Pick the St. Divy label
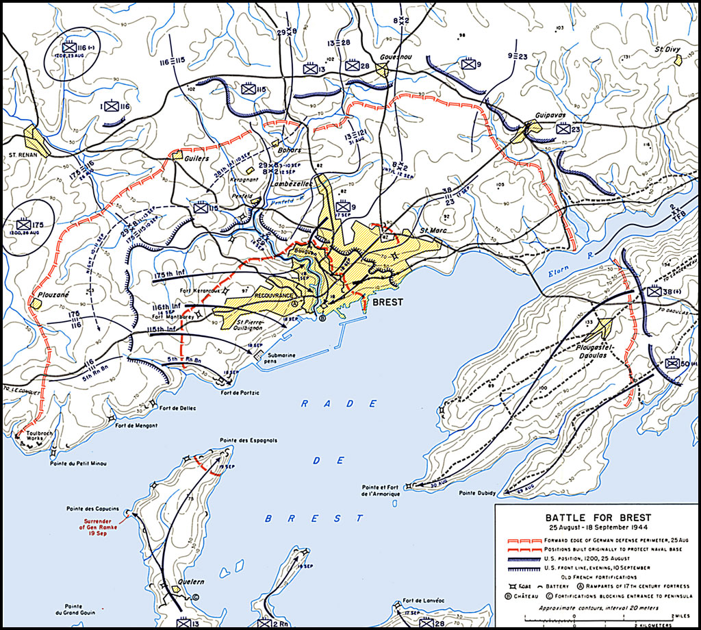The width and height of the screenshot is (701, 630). click(x=666, y=49)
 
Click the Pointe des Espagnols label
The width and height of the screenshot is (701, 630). click(x=248, y=440)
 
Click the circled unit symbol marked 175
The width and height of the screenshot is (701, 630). click(x=29, y=223)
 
